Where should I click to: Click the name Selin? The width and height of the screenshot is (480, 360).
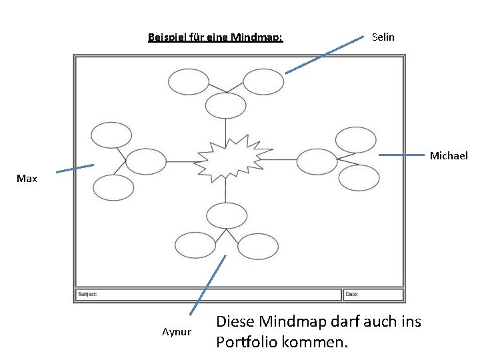point(383,37)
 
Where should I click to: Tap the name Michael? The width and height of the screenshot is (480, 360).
point(449,156)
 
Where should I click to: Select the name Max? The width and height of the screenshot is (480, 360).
point(27,179)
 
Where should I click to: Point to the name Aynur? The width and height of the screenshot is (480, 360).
point(177,332)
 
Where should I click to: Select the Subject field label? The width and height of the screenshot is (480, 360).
point(87,294)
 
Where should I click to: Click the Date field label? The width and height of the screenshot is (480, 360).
point(352,294)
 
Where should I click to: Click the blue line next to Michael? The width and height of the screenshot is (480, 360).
point(401,155)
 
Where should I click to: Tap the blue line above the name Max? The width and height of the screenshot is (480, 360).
point(75,169)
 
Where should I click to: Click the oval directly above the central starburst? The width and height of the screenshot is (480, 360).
point(226,106)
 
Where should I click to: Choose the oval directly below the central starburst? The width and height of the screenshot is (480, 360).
point(227,215)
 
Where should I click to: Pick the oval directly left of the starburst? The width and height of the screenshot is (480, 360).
point(146,161)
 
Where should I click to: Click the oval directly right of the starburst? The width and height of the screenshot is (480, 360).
point(317,161)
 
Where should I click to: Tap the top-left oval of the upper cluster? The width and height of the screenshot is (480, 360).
point(189,82)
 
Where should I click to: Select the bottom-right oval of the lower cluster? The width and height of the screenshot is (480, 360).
point(257,246)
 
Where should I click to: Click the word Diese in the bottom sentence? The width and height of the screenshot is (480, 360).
point(236,322)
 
